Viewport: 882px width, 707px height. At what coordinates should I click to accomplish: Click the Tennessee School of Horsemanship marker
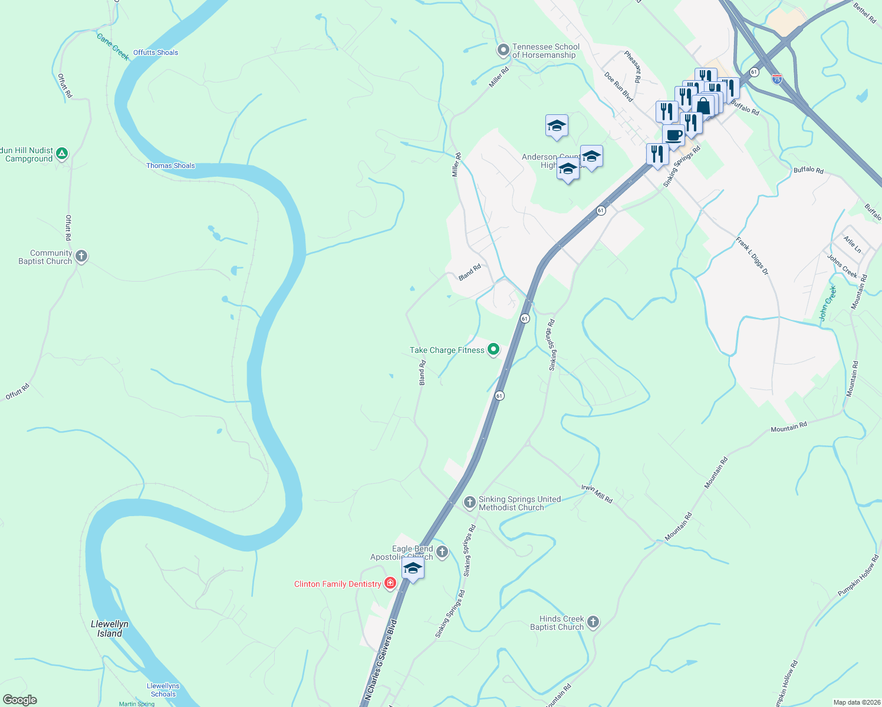click(x=503, y=51)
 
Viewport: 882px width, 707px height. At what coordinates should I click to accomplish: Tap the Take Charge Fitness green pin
click(x=493, y=350)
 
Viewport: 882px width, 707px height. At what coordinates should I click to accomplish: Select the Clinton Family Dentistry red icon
click(x=390, y=584)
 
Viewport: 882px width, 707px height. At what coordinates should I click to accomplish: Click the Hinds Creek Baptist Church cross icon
click(x=593, y=622)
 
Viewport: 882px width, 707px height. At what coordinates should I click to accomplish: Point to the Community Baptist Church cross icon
click(x=81, y=256)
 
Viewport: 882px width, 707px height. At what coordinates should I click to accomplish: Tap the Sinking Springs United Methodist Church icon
click(x=470, y=503)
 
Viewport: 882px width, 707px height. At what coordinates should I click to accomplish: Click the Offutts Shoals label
click(x=156, y=52)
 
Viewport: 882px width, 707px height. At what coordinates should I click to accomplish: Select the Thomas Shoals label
click(x=170, y=166)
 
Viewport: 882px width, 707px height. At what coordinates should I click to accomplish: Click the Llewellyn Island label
click(x=110, y=629)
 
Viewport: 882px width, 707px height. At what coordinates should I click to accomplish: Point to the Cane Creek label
click(x=113, y=47)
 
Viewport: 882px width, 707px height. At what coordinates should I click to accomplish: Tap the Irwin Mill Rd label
click(x=597, y=494)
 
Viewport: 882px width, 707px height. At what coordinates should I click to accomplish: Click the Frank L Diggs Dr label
click(x=752, y=256)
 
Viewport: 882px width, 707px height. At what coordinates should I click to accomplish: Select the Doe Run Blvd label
click(x=618, y=87)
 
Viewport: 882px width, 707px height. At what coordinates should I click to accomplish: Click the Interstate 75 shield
click(x=777, y=79)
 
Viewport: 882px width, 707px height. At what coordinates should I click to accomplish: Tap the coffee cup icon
click(x=673, y=136)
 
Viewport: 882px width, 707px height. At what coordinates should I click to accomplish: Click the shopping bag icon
click(x=703, y=107)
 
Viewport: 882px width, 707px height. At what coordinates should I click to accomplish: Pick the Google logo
click(x=20, y=700)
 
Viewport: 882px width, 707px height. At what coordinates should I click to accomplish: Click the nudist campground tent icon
click(x=62, y=154)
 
